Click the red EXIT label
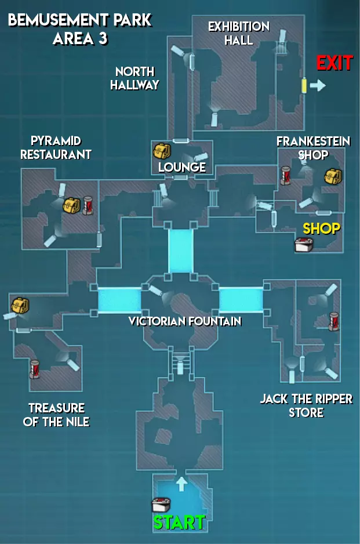pos(334,63)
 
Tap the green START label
pos(179,522)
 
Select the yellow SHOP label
pos(321,228)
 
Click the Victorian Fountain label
pos(185,321)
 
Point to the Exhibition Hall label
pos(238,33)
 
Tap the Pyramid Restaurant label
pos(56,147)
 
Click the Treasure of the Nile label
pos(56,415)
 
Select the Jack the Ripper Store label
pos(306,406)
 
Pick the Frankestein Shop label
pos(305,148)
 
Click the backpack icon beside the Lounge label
pos(161,151)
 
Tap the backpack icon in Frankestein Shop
pos(332,176)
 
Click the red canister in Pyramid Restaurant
pos(88,205)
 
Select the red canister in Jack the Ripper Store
pos(334,321)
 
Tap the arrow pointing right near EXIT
pos(318,86)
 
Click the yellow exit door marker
pos(303,85)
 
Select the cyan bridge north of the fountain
pos(180,251)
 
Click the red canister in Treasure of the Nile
pos(35,368)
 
